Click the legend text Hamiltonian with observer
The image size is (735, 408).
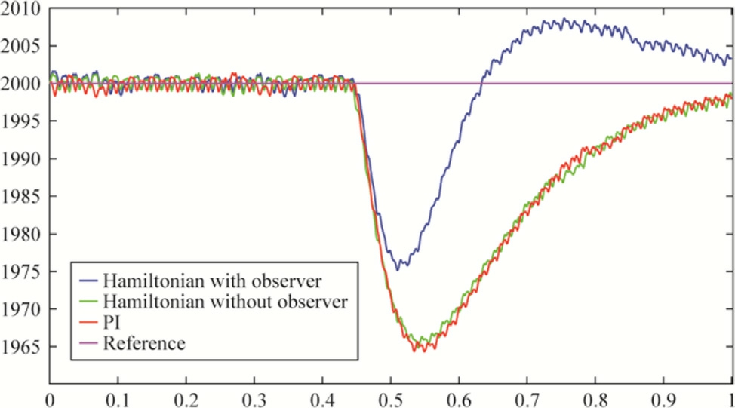tap(213, 281)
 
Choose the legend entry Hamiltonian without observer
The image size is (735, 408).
tap(226, 302)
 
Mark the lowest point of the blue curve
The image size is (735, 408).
tap(398, 269)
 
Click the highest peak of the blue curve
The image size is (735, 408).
tap(562, 19)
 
